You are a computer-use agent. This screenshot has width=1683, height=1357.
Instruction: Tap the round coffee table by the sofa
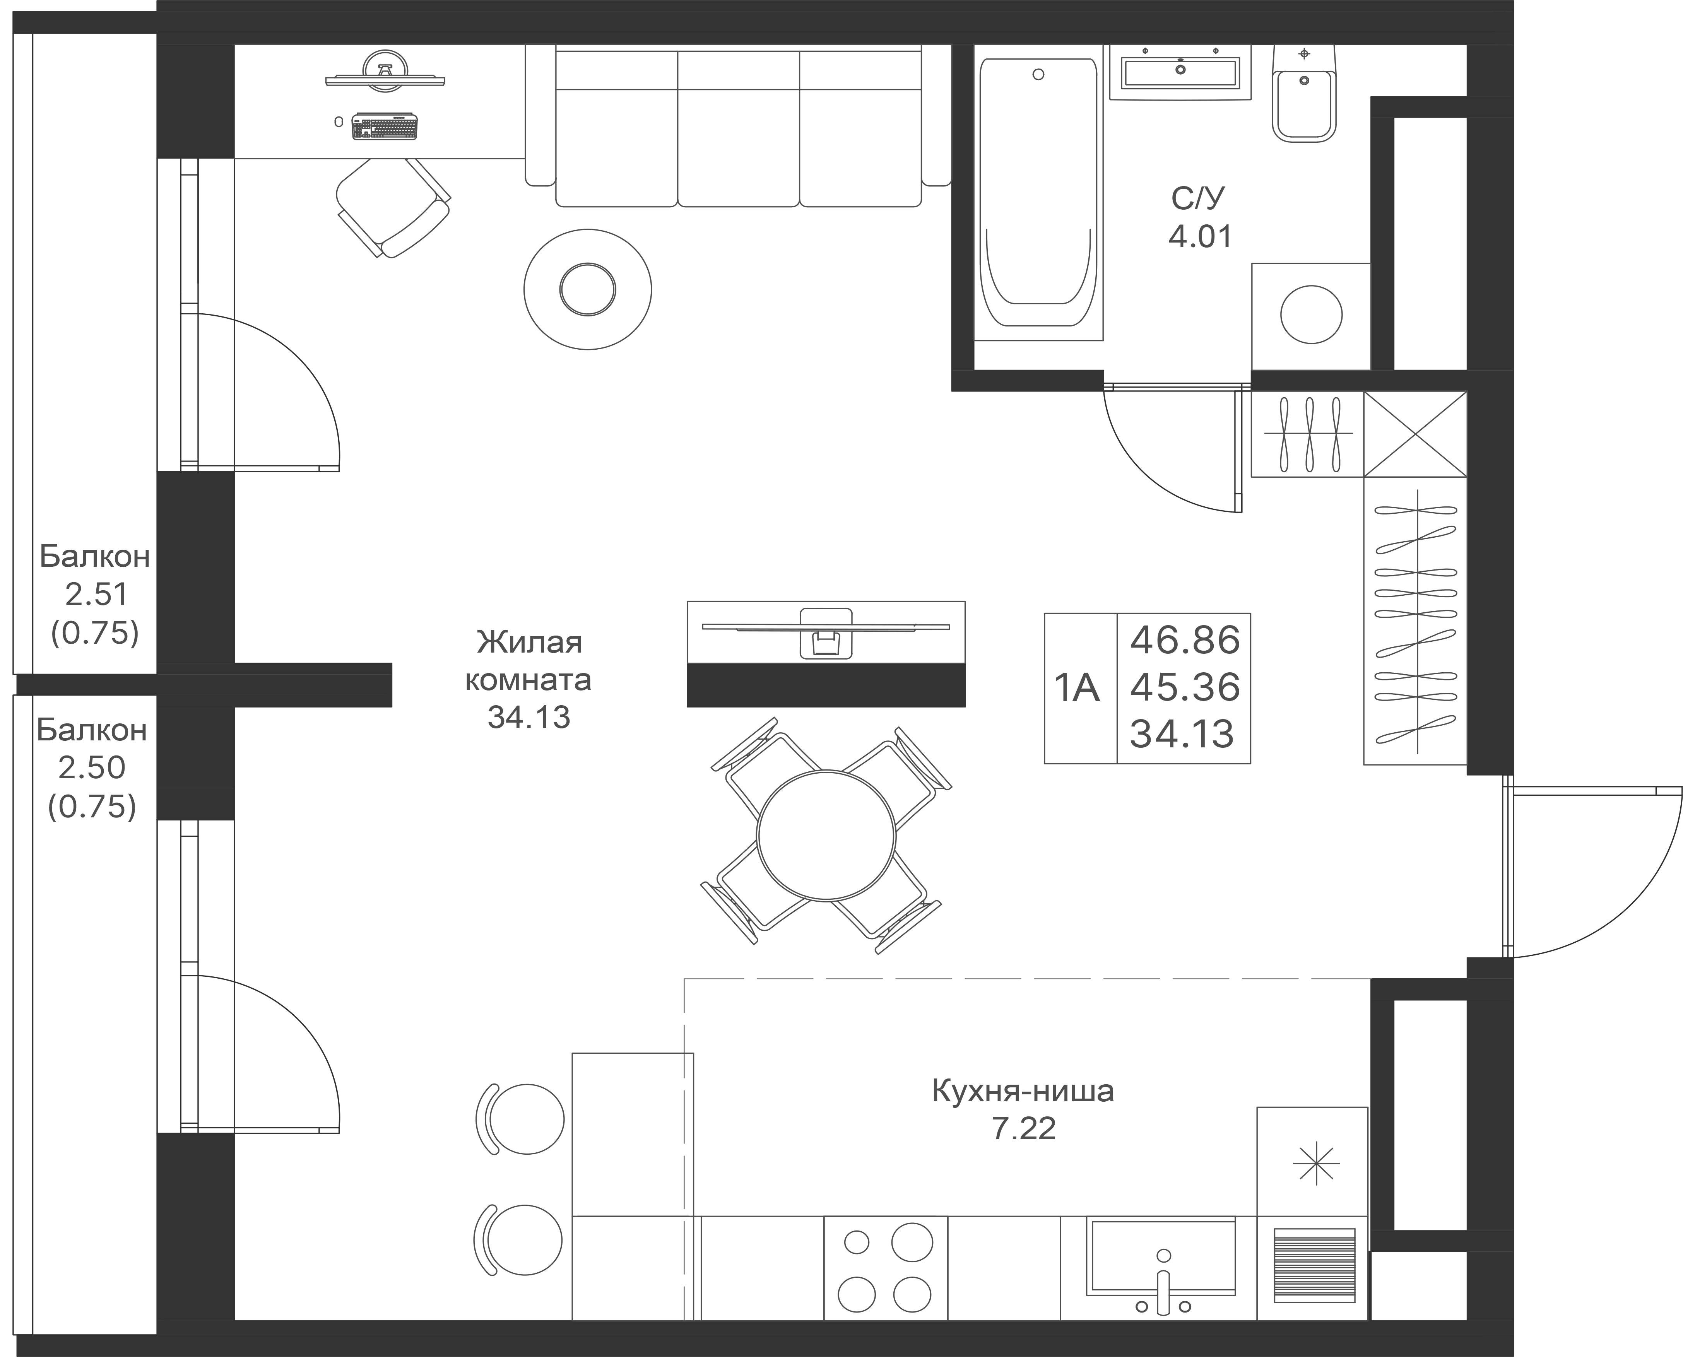click(588, 289)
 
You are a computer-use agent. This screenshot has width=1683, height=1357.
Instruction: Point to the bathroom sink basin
click(1180, 72)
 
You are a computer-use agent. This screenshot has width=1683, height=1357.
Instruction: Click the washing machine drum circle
click(1311, 314)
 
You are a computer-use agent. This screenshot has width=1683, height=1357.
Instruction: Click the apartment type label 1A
click(1077, 688)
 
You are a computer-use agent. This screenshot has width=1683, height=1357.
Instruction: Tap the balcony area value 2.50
click(91, 767)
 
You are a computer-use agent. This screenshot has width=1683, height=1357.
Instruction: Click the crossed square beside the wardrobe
click(1415, 434)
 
